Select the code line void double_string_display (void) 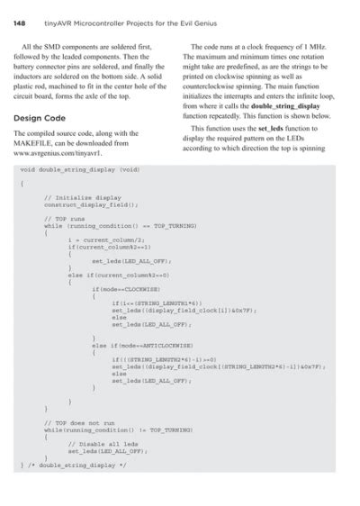[x=79, y=169]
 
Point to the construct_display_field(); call [x=91, y=203]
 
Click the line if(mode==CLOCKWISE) [x=126, y=290]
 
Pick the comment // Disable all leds [x=100, y=443]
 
